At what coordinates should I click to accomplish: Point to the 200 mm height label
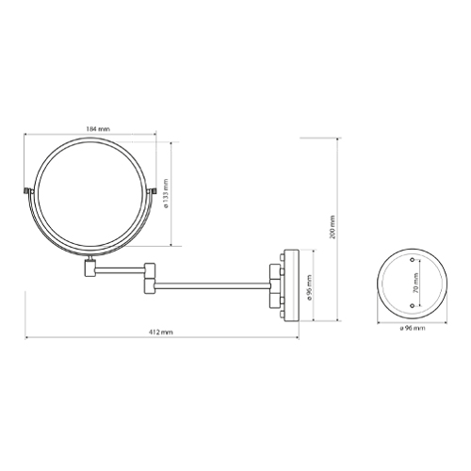coord(333,226)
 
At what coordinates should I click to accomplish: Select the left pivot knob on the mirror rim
coord(25,195)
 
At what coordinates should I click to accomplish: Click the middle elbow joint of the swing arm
coord(148,276)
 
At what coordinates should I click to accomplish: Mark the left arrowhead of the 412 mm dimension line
coord(28,338)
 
